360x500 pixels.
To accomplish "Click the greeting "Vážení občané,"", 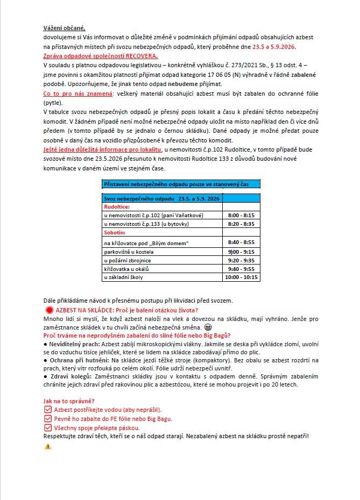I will pyautogui.click(x=64, y=28).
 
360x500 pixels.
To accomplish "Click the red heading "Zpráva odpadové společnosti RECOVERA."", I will pyautogui.click(x=100, y=56).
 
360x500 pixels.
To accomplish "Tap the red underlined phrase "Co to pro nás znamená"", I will pyautogui.click(x=74, y=94).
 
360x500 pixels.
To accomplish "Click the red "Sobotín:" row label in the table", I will pyautogui.click(x=115, y=232).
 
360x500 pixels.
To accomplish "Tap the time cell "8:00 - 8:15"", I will pyautogui.click(x=242, y=215).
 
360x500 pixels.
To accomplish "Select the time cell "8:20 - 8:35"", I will pyautogui.click(x=242, y=224).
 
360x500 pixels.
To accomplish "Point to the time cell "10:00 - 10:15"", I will pyautogui.click(x=242, y=277).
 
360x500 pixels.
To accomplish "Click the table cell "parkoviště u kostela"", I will pyautogui.click(x=130, y=252).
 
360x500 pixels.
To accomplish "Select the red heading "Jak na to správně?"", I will pyautogui.click(x=69, y=402).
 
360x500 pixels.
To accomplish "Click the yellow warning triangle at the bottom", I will pyautogui.click(x=48, y=446).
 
